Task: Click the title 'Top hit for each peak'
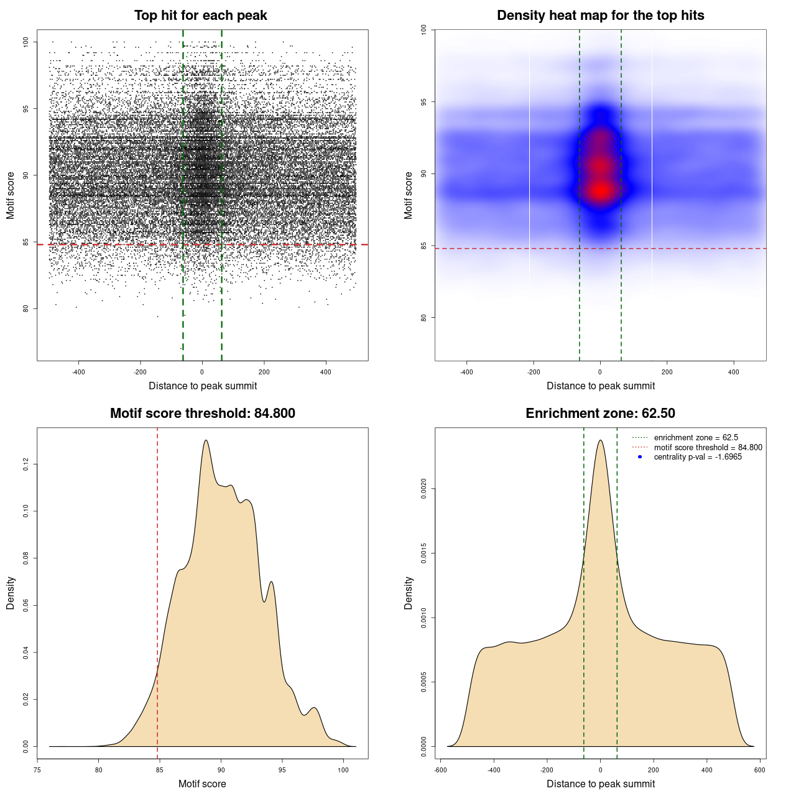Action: pos(200,16)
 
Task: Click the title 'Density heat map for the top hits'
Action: pos(600,16)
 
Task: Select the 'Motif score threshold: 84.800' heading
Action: pos(202,414)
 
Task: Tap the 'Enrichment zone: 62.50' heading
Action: pos(600,414)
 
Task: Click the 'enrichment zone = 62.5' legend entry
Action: pos(696,438)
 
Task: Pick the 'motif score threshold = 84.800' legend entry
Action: pos(708,448)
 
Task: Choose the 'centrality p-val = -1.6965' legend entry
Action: pos(698,457)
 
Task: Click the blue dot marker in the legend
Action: pos(640,457)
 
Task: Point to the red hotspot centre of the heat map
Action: pos(600,190)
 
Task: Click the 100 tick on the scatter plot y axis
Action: pos(26,42)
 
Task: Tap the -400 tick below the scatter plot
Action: pos(78,373)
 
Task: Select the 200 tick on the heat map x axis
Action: pos(667,373)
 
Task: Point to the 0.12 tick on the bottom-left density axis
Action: pos(26,465)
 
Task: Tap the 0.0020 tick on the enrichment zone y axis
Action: pos(424,489)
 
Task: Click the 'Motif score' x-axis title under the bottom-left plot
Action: pos(202,784)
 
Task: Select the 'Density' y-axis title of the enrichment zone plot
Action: pos(409,593)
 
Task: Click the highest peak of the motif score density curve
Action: pos(205,440)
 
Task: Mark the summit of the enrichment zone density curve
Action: pos(600,440)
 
